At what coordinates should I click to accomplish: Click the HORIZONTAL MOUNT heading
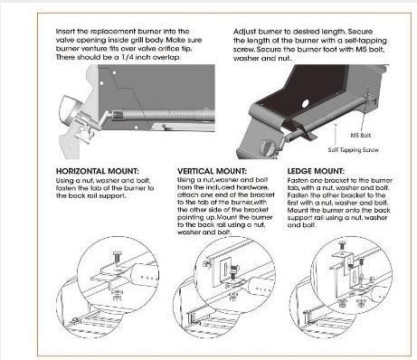click(98, 171)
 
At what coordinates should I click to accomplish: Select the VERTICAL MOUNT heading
click(212, 171)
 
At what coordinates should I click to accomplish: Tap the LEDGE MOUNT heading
click(316, 171)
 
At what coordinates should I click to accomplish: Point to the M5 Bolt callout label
click(361, 136)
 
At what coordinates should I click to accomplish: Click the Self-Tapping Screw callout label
click(353, 150)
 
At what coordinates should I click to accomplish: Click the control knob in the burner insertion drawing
click(71, 109)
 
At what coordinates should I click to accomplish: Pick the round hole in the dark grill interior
click(305, 103)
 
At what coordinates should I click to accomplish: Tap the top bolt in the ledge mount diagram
click(343, 245)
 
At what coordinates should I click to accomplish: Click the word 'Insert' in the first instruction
click(64, 32)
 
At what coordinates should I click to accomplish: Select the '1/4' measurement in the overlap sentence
click(128, 57)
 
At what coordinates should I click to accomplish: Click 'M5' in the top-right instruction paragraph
click(361, 50)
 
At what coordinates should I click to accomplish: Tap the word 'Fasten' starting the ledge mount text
click(297, 181)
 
